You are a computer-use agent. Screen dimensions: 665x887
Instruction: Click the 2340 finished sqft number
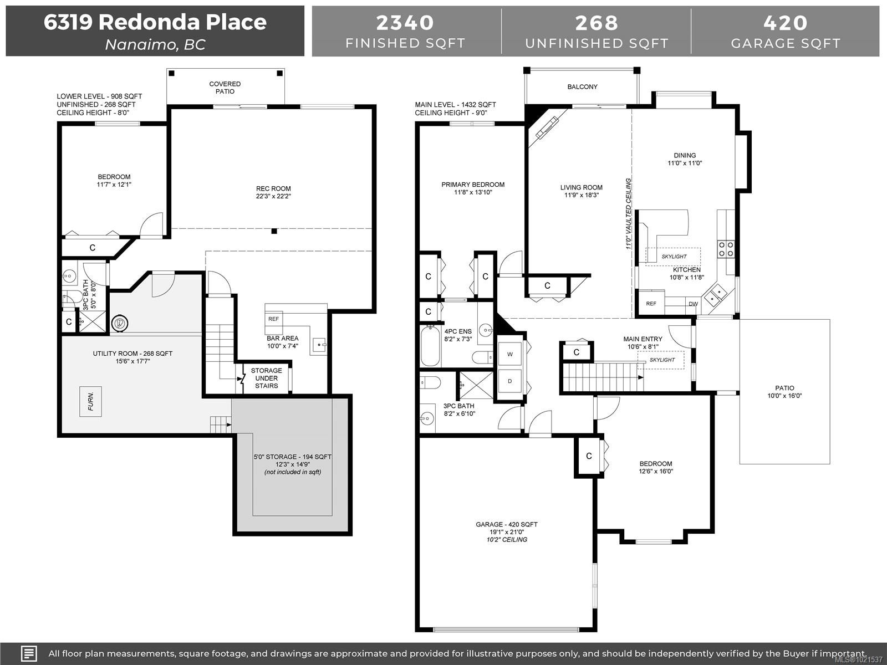[x=405, y=23]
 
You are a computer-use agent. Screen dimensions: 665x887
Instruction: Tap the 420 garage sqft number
[x=785, y=23]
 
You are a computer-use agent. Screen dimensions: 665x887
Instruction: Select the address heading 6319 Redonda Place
[x=155, y=22]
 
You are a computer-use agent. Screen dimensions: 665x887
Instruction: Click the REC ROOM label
[x=273, y=188]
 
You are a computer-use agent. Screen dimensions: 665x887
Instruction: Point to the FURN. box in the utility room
[x=90, y=401]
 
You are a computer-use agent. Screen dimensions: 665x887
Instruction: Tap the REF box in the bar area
[x=274, y=319]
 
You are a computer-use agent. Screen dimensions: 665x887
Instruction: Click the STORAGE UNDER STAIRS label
[x=266, y=378]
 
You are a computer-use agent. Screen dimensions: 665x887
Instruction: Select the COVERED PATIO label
[x=225, y=88]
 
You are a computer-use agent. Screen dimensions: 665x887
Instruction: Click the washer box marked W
[x=509, y=354]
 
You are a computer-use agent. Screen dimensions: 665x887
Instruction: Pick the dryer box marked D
[x=509, y=381]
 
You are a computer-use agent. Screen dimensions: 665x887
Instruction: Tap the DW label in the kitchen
[x=693, y=304]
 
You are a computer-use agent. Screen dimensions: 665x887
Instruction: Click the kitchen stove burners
[x=726, y=249]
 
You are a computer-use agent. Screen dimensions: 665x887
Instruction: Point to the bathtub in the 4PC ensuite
[x=430, y=346]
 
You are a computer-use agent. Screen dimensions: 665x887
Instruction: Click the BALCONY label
[x=582, y=87]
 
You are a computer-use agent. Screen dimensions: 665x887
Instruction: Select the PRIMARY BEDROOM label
[x=473, y=185]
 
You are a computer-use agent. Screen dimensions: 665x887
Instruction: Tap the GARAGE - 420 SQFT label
[x=506, y=524]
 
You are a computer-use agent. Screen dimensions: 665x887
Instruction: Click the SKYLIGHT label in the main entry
[x=662, y=360]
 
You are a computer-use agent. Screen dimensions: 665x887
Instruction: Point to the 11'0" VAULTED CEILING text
[x=629, y=213]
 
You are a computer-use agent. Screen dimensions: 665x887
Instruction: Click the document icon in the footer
[x=28, y=653]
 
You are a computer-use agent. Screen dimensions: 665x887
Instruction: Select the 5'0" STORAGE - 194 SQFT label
[x=292, y=457]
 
